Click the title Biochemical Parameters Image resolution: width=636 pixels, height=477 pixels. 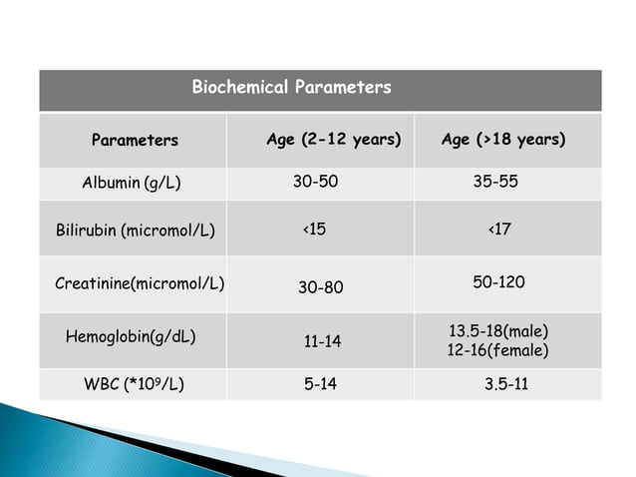291,88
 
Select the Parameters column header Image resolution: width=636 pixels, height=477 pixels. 135,141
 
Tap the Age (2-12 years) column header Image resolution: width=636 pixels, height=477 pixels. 334,140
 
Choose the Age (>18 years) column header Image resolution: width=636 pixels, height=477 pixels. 503,140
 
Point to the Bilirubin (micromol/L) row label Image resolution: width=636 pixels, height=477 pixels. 135,231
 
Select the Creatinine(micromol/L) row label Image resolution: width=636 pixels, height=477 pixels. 140,283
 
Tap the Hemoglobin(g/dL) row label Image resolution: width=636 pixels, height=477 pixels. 130,336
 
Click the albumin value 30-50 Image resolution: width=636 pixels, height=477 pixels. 315,183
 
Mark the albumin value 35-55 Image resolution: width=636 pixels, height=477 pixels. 495,183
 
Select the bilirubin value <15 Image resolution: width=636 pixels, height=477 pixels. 314,230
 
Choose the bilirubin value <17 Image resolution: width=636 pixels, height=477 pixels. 499,230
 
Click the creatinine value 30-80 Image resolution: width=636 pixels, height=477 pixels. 321,287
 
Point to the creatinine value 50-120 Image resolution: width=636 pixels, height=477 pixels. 498,282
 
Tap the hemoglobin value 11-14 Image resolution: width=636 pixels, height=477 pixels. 322,342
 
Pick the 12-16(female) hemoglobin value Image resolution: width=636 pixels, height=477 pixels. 498,351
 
